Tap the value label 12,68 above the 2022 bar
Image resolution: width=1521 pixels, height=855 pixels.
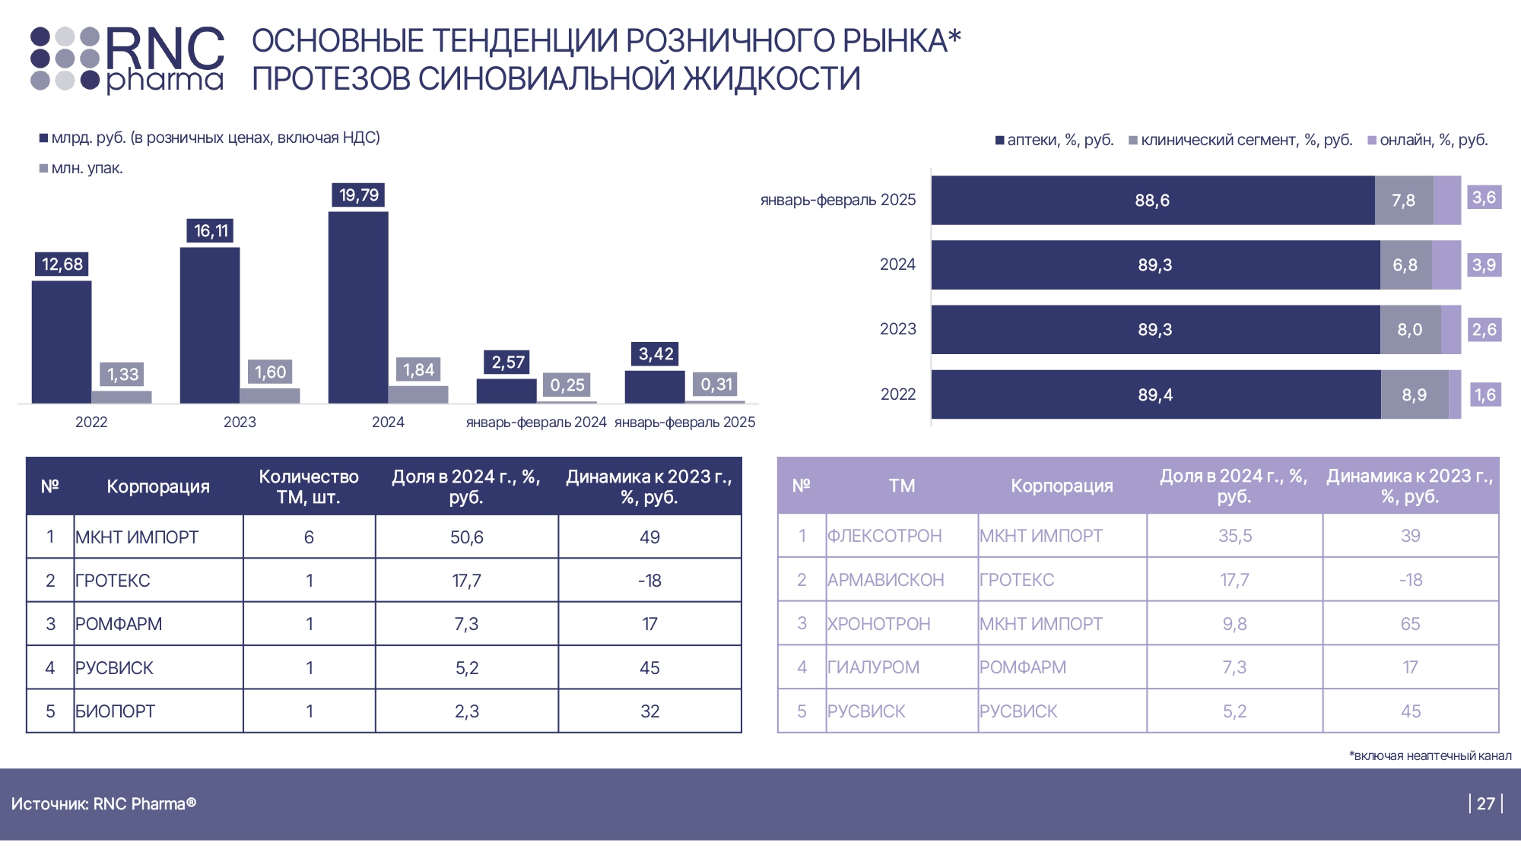62,264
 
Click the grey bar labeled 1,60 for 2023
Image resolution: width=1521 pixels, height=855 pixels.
270,395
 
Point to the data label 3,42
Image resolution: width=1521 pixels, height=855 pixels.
656,354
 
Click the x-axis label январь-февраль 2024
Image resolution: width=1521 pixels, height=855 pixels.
536,423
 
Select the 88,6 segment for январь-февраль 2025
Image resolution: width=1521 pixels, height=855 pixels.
1152,201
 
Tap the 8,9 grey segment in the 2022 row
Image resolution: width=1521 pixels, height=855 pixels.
1415,395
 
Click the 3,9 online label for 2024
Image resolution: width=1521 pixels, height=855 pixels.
1484,265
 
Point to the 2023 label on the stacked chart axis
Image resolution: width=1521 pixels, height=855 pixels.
897,329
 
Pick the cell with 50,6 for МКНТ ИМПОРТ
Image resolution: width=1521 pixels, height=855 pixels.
466,537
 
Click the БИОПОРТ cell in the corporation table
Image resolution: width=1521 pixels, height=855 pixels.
116,711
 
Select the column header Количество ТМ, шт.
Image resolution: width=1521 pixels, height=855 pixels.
309,486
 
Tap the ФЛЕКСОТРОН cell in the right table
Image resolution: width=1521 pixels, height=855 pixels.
884,536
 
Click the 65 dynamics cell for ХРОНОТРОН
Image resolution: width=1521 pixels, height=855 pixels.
1410,624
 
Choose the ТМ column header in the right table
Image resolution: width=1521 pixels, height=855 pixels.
902,486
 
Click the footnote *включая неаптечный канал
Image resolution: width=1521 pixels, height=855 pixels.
1430,755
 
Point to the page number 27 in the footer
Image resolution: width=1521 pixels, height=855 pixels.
1486,803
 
